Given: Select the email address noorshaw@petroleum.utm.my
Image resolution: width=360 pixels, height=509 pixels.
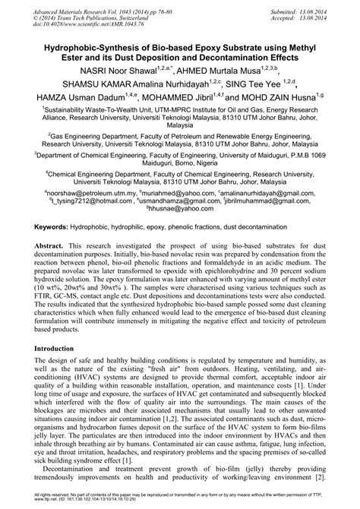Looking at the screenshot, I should pos(89,193).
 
